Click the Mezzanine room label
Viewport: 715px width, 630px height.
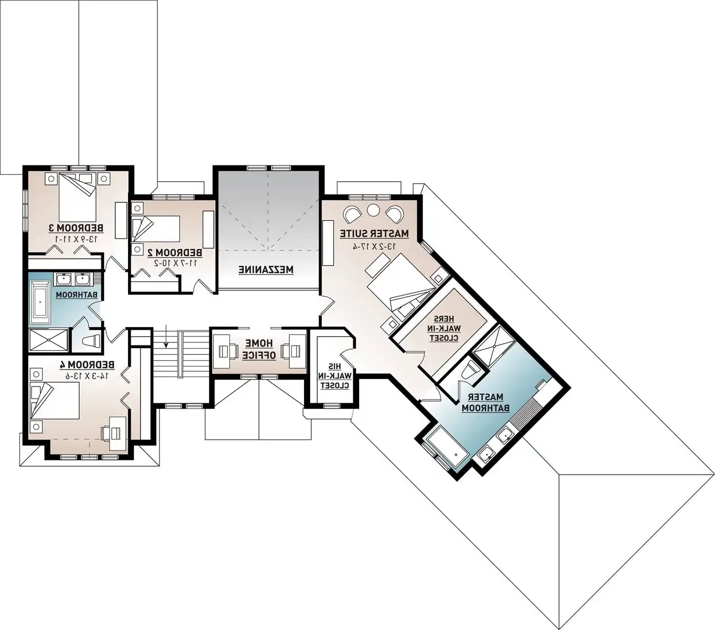tap(267, 270)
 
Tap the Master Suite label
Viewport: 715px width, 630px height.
tap(374, 233)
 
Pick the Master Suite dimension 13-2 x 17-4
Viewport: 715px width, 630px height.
tap(374, 245)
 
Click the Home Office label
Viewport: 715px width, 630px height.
tap(258, 349)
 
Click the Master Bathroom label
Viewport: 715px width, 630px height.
tap(482, 402)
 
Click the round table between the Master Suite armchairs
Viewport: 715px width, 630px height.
tap(373, 210)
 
